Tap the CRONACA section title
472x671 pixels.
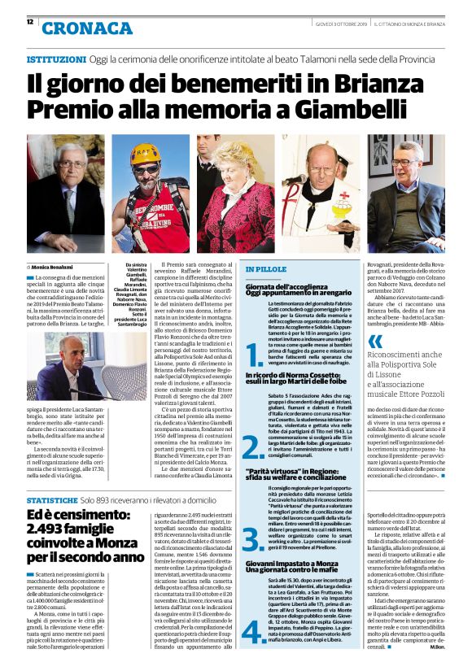click(86, 28)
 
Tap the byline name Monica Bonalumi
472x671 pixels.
click(53, 266)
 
